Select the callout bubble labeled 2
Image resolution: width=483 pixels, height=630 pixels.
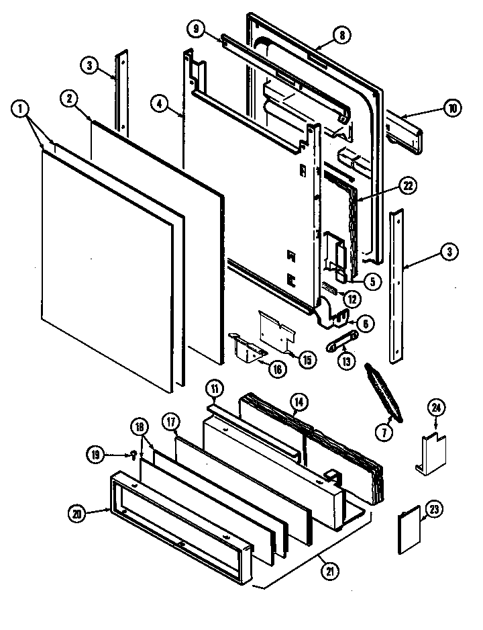(68, 98)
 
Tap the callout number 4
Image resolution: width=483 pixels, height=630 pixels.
(158, 103)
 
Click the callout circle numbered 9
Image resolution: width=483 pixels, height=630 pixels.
(195, 29)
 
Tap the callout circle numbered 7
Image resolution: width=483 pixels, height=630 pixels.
(384, 433)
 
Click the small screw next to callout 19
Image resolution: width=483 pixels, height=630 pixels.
(133, 457)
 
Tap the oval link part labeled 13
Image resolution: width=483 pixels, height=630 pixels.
(340, 345)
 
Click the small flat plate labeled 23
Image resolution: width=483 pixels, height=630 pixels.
(410, 530)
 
